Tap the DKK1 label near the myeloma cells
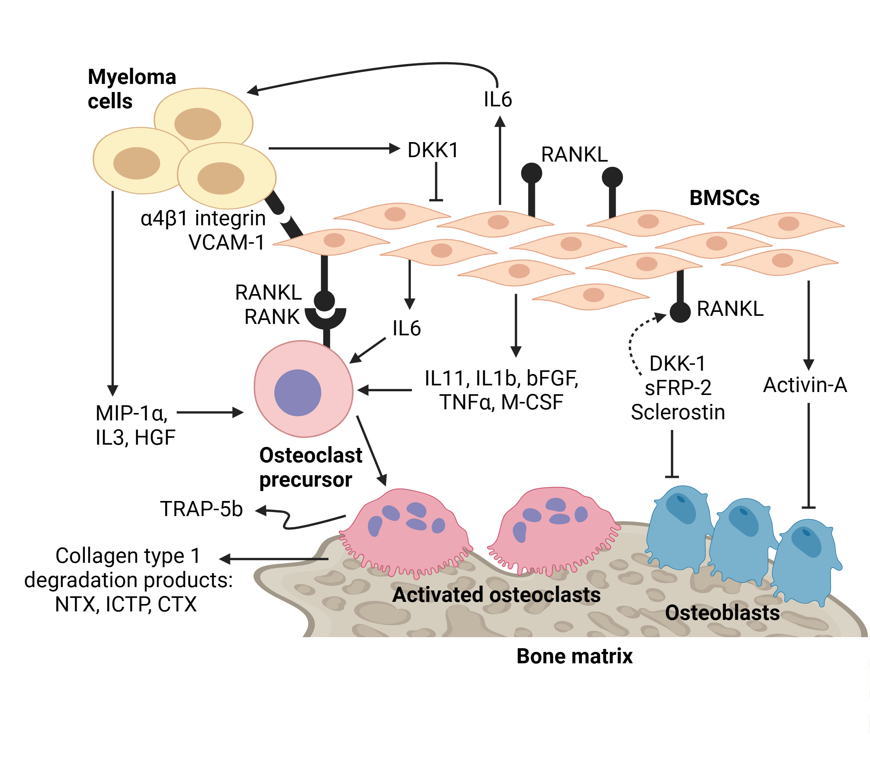point(433,150)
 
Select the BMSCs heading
point(724,198)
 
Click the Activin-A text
point(804,385)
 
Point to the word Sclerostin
point(677,412)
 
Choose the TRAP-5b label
point(201,509)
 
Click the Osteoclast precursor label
point(310,467)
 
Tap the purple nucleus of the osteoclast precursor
point(297,392)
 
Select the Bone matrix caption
point(574,656)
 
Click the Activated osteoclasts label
point(496,594)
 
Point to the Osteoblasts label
point(722,613)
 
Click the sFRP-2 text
point(677,388)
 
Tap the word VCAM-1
point(226,243)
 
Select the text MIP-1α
point(131,413)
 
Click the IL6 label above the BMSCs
point(497,99)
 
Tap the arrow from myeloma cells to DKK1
point(334,148)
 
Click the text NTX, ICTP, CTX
point(126,604)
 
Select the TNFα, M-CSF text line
point(501,402)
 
